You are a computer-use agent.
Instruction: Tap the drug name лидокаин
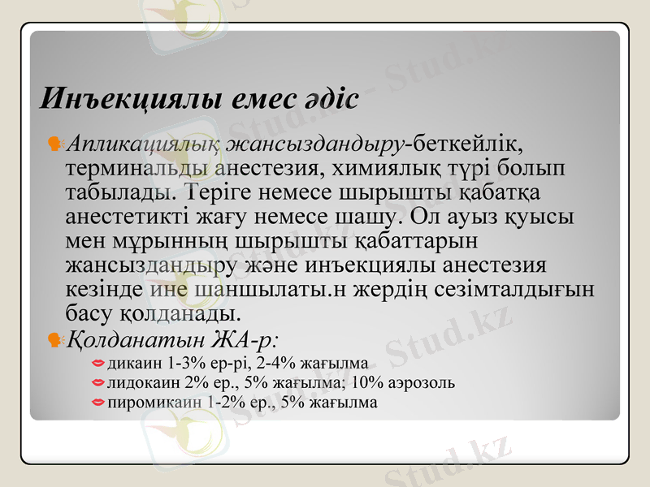click(139, 382)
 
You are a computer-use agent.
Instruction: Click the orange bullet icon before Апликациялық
click(56, 144)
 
